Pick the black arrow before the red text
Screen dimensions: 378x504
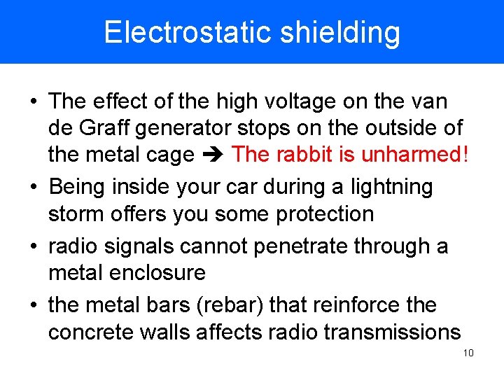[x=213, y=155]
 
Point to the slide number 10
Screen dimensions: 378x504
[x=468, y=353]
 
